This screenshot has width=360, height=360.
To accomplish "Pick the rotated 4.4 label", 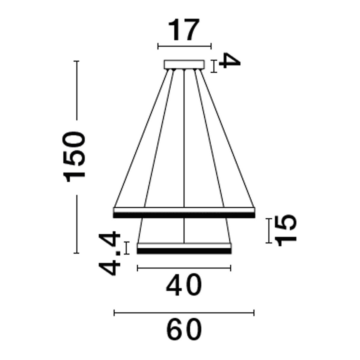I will point(109,253).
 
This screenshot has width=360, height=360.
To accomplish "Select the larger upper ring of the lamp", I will point(184,212).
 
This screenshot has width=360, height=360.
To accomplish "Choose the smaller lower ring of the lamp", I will point(184,249).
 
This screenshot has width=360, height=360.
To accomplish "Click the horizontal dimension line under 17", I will point(184,46).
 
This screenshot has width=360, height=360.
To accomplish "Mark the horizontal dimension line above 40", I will point(184,268).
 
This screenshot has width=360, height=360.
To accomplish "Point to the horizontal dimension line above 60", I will point(184,313).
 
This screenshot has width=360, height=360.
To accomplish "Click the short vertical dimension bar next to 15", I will point(269,230).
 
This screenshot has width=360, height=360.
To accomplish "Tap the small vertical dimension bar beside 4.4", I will point(127,248).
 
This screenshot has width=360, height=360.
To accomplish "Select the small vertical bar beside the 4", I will point(214,66).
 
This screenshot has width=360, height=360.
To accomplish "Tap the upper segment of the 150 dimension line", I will point(77,90).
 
